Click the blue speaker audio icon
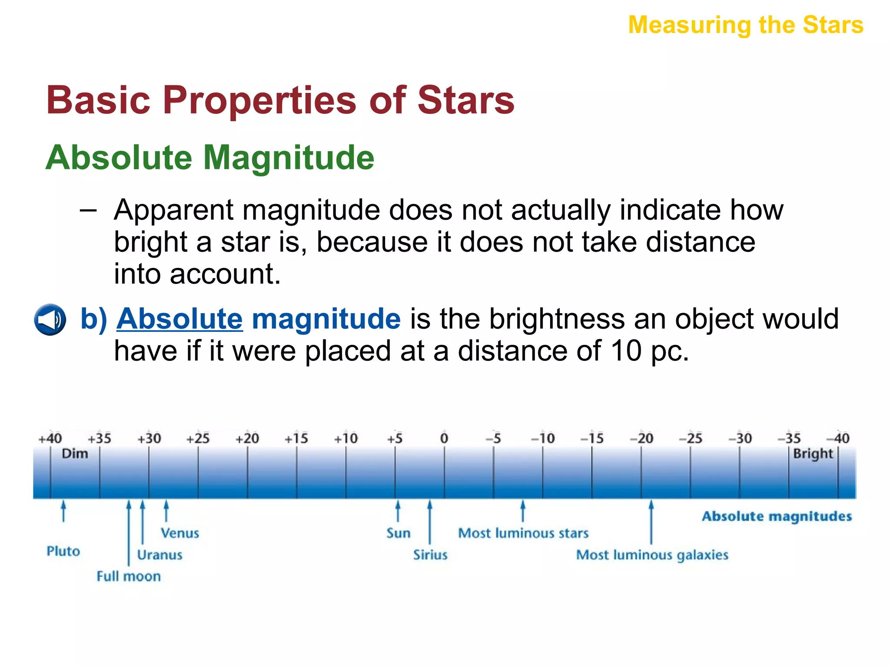tap(50, 320)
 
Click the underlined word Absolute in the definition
tap(179, 319)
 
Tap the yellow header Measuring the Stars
tap(746, 25)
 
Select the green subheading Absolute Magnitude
tap(210, 158)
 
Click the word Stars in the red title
tap(466, 100)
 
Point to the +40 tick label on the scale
tap(50, 439)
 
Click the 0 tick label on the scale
tap(444, 438)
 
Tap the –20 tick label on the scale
tap(641, 438)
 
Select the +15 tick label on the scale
tap(296, 439)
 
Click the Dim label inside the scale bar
tap(75, 454)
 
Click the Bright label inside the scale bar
tap(813, 454)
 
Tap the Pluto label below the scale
tap(63, 551)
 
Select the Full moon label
tap(129, 576)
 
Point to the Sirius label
tap(430, 555)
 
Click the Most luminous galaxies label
tap(652, 555)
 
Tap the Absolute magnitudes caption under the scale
tap(777, 516)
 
